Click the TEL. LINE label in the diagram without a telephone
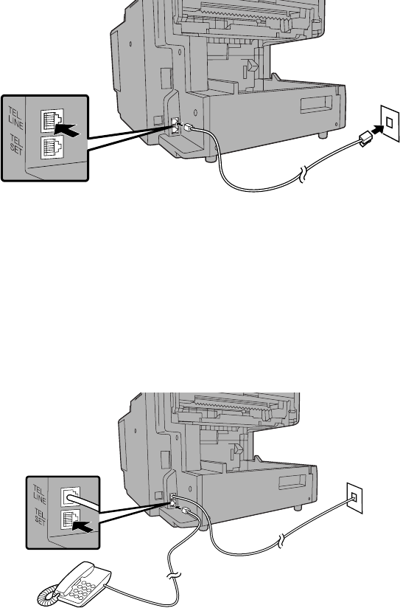[x=15, y=118]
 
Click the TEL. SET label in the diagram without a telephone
[x=16, y=145]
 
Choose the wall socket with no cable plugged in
[x=390, y=122]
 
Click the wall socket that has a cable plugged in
[x=354, y=497]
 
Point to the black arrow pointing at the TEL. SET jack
[x=82, y=526]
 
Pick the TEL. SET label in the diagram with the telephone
[x=40, y=517]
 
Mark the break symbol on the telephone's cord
[x=175, y=576]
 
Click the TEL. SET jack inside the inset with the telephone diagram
[x=70, y=519]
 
